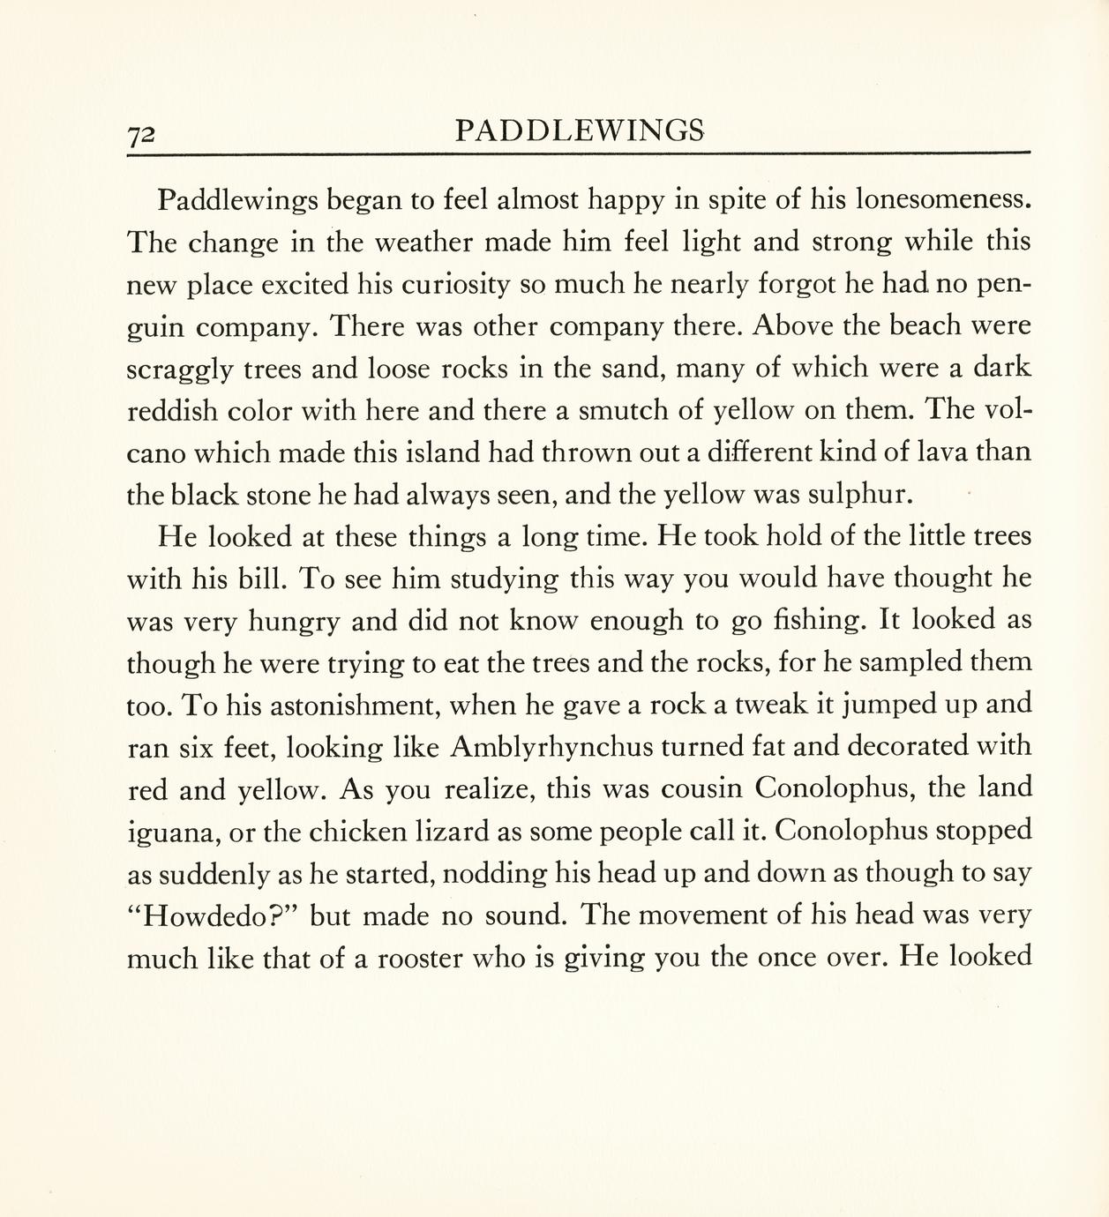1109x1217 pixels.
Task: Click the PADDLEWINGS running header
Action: point(580,131)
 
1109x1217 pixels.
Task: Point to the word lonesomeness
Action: point(944,199)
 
